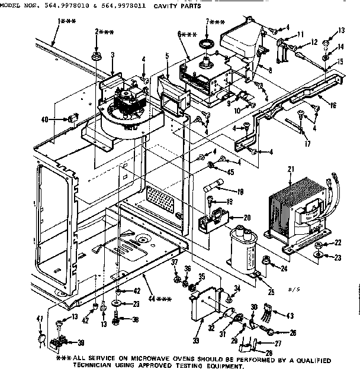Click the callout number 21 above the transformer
291,169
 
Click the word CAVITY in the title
166,6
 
